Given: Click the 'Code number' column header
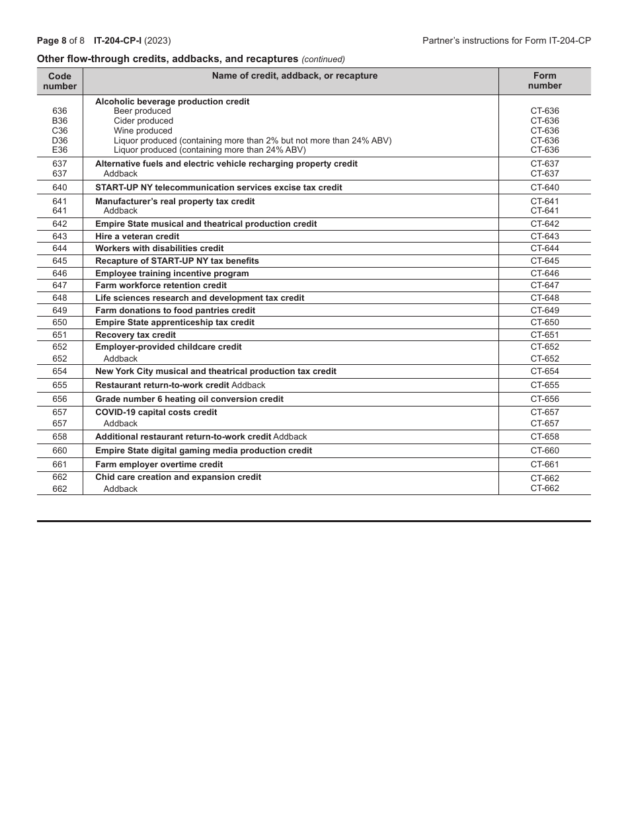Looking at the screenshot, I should click(x=59, y=81).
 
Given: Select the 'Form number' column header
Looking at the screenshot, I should click(x=545, y=81).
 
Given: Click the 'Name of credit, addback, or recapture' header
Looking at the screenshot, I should click(x=294, y=76).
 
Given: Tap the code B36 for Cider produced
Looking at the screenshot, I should click(x=59, y=121).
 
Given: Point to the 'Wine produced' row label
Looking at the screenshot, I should click(x=143, y=131).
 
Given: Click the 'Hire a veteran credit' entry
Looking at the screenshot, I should click(x=137, y=237).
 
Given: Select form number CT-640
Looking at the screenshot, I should click(x=545, y=188).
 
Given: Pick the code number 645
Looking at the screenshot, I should click(x=59, y=261).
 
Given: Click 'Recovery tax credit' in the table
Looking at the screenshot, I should click(x=136, y=335).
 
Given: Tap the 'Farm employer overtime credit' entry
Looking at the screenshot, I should click(x=159, y=465).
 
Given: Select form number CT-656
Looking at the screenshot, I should click(x=545, y=399).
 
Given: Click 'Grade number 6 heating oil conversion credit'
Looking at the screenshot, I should click(x=189, y=399).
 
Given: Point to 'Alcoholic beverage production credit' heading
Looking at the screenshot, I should click(x=172, y=102).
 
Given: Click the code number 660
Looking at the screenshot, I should click(x=59, y=451).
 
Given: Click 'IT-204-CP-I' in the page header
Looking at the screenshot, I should click(x=118, y=41).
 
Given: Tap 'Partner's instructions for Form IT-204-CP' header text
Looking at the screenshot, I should click(x=506, y=41).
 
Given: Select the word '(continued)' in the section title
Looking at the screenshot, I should click(x=323, y=59).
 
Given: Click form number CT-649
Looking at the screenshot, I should click(x=545, y=311).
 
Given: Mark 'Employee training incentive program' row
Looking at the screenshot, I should click(x=172, y=274).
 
